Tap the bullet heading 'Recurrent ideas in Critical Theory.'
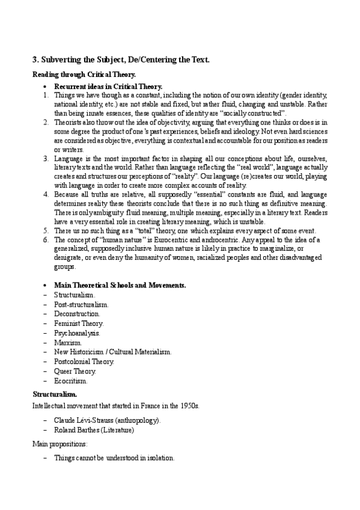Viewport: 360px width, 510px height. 108,87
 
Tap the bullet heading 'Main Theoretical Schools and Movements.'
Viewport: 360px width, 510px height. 120,285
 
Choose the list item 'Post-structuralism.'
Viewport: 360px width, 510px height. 81,304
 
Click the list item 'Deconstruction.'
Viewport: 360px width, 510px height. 77,314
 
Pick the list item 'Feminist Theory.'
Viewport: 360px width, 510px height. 78,324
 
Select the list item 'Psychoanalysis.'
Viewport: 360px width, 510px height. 77,333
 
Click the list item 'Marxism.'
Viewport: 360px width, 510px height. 68,342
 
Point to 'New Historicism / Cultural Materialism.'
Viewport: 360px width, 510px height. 112,352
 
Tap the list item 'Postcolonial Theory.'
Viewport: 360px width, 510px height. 84,361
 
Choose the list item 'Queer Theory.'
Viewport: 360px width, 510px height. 75,371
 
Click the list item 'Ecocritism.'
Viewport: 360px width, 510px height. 71,381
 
